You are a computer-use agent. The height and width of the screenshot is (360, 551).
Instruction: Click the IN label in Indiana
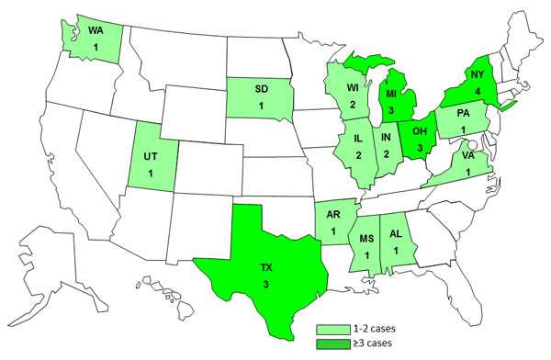pos(386,139)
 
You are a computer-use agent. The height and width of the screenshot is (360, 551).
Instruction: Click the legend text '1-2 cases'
pos(364,328)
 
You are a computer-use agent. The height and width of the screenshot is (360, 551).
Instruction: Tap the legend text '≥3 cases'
pos(363,343)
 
